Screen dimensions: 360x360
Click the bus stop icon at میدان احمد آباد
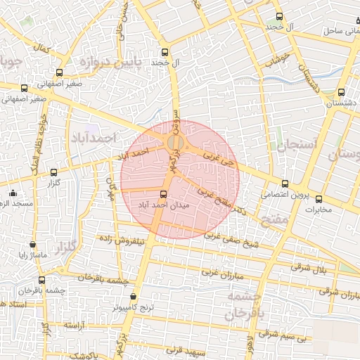point(164,194)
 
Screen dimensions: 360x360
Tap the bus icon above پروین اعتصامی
point(284,184)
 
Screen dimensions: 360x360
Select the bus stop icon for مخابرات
point(319,199)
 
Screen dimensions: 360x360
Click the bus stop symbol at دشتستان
point(341,92)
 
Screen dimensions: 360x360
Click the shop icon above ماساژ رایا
point(32,244)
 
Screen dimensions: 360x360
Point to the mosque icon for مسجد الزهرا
point(12,193)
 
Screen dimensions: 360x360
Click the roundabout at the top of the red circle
point(175,143)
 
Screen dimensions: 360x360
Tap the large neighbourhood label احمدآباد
point(92,138)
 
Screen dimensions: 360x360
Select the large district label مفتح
point(275,221)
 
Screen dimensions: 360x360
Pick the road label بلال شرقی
point(305,268)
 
